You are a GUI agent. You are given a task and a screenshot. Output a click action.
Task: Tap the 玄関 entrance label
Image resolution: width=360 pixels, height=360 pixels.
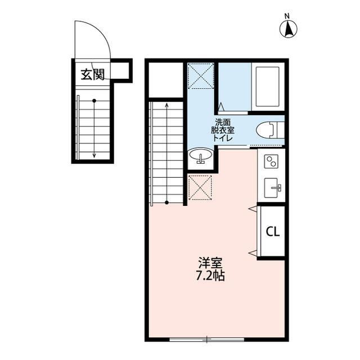click(92, 74)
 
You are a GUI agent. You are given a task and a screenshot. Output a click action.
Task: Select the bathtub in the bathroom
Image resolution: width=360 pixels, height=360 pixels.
click(268, 87)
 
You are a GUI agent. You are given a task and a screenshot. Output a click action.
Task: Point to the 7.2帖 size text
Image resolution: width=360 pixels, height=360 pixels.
click(211, 277)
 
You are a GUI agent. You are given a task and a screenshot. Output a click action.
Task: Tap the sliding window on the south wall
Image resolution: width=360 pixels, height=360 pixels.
click(206, 339)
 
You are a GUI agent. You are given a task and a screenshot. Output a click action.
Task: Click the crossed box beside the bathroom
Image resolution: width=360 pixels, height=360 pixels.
click(201, 76)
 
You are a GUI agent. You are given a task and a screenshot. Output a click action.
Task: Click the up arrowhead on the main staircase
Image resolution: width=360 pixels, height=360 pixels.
click(167, 105)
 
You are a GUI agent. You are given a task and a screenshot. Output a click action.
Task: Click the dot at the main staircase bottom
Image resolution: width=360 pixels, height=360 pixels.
click(167, 202)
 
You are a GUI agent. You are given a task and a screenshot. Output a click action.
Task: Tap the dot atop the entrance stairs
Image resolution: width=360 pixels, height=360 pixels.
click(94, 101)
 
